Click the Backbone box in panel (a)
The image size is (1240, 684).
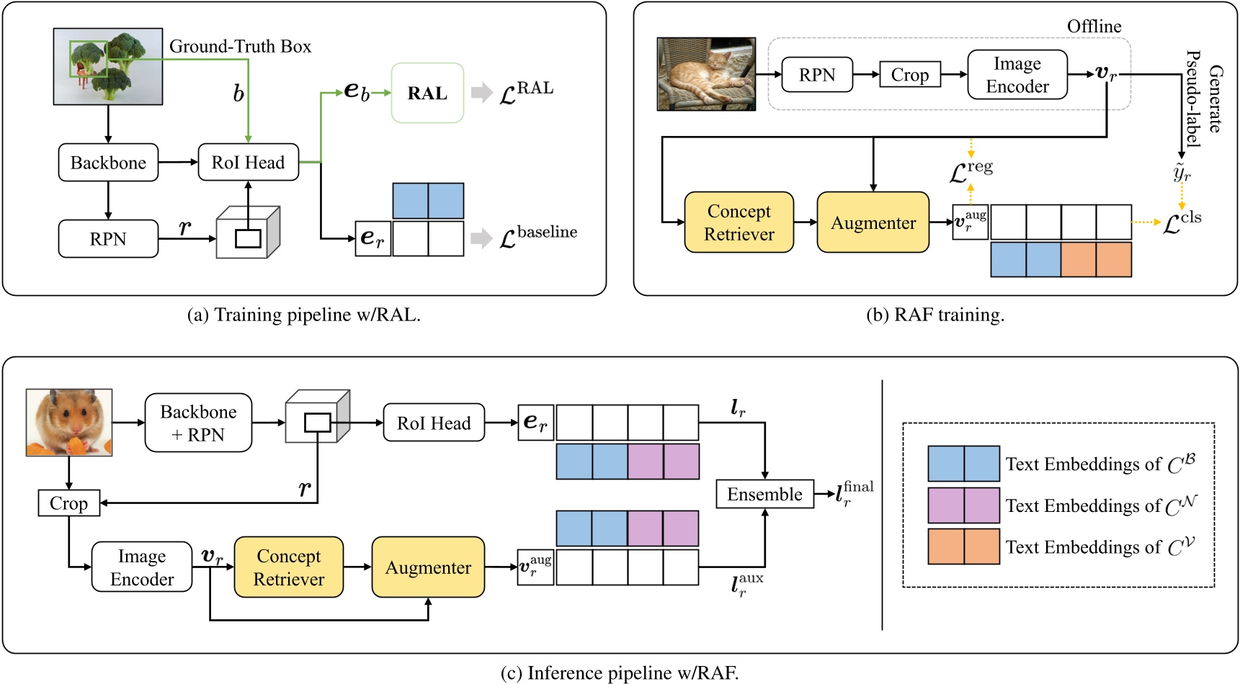(108, 163)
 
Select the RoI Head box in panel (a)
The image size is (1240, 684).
(248, 163)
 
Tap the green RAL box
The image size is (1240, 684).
(427, 93)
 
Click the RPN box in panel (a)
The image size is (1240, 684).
(108, 239)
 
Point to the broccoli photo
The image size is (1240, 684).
(108, 66)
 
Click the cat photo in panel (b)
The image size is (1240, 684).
(706, 74)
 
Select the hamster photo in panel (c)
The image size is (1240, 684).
(69, 423)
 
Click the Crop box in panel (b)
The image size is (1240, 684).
(910, 75)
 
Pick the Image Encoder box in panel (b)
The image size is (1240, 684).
(1017, 75)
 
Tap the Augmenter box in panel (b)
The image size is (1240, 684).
(873, 222)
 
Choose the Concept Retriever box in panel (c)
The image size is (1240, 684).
(289, 567)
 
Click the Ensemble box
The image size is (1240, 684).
(764, 495)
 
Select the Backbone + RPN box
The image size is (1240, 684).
(198, 423)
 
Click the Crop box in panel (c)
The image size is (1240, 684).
(68, 503)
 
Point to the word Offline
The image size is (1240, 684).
(1094, 27)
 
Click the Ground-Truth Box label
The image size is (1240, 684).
(240, 47)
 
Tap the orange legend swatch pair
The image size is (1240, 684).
(963, 546)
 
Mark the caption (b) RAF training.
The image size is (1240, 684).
(935, 315)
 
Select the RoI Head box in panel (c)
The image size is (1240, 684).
(433, 423)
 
